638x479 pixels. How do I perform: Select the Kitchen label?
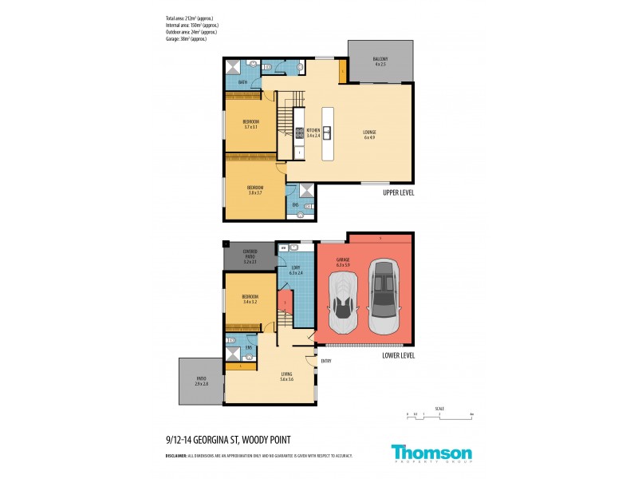[313, 133]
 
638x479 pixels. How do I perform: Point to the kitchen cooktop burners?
[300, 133]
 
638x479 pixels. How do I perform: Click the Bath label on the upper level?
[242, 81]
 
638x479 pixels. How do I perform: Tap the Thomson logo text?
[431, 451]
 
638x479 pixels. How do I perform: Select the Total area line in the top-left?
[189, 18]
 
